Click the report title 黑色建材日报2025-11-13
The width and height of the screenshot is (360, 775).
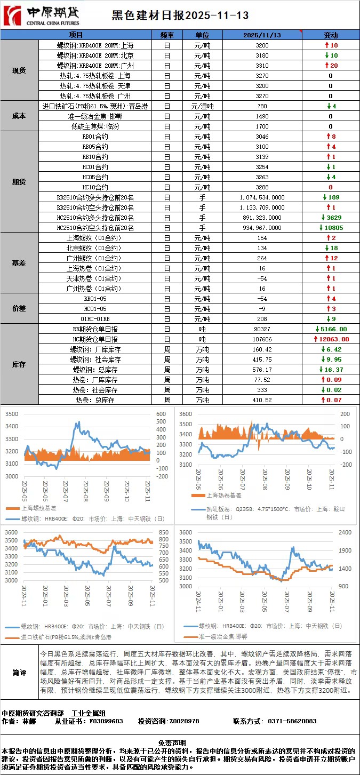[180, 16]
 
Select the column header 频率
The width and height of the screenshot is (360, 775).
[167, 35]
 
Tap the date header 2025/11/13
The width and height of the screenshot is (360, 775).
[262, 35]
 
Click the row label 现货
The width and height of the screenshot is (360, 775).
[19, 70]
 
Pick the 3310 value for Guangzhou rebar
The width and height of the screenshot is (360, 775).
[262, 65]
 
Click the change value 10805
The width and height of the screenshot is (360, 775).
[332, 228]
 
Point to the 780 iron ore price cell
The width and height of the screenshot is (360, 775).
[262, 106]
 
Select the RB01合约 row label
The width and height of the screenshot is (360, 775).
[95, 137]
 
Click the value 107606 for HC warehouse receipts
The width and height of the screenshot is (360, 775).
[262, 339]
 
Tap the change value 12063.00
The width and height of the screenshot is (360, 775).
[334, 339]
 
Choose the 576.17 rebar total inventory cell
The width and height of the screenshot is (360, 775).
[262, 370]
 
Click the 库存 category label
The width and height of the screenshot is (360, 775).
[19, 364]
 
